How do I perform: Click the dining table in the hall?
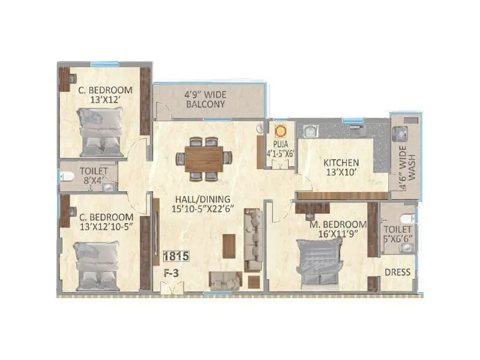pos(203,158)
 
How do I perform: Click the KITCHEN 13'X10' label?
pos(341,167)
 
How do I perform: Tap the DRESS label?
pos(397,272)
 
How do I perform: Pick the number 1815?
pos(176,256)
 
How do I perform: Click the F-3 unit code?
pos(173,273)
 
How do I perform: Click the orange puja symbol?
pos(280,130)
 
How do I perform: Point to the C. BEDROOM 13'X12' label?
pos(105,95)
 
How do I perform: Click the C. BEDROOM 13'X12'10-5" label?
pos(104,221)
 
